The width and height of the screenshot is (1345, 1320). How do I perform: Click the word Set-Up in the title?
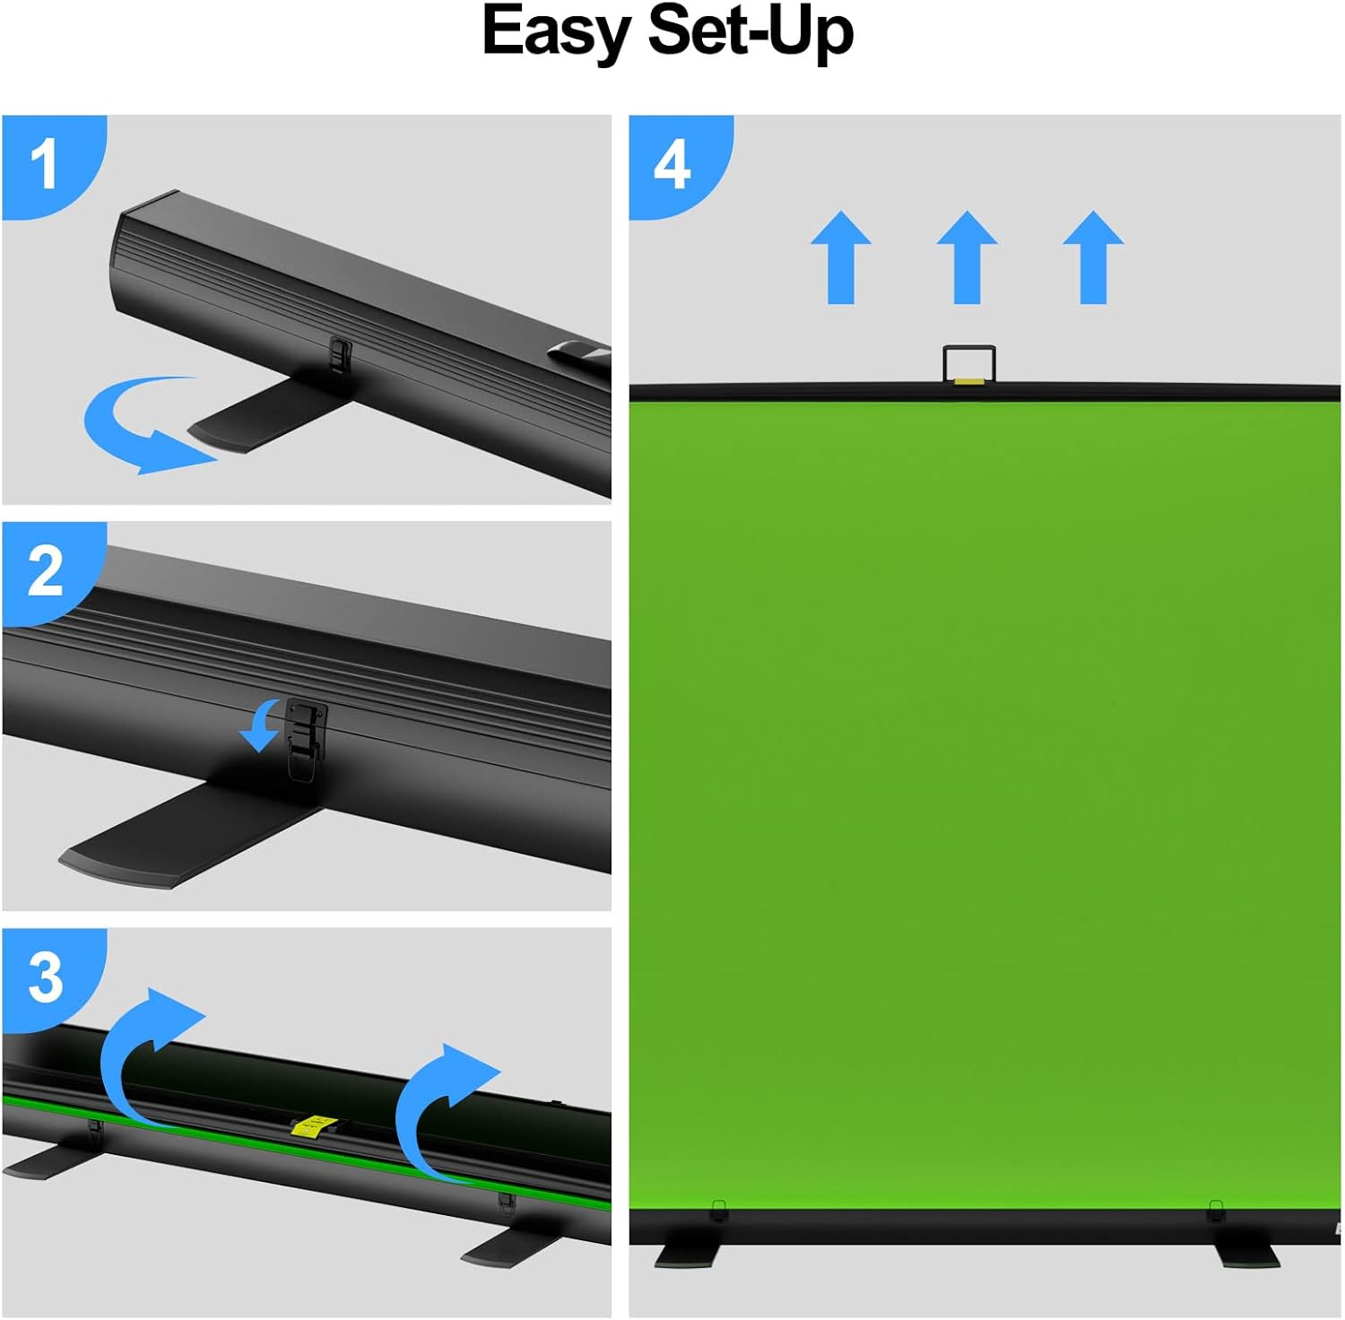(750, 32)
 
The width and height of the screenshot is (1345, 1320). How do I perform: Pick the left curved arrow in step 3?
(143, 1049)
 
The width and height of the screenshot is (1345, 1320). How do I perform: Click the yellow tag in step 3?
(313, 1126)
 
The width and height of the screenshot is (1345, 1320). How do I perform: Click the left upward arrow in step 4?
(841, 258)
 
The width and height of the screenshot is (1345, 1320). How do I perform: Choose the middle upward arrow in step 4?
(967, 258)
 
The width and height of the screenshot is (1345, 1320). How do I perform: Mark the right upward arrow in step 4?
(1093, 258)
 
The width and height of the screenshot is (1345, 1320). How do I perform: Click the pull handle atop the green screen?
(969, 364)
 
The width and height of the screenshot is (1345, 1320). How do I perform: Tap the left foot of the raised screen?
(689, 1255)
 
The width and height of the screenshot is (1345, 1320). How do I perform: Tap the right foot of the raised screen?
(1247, 1255)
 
